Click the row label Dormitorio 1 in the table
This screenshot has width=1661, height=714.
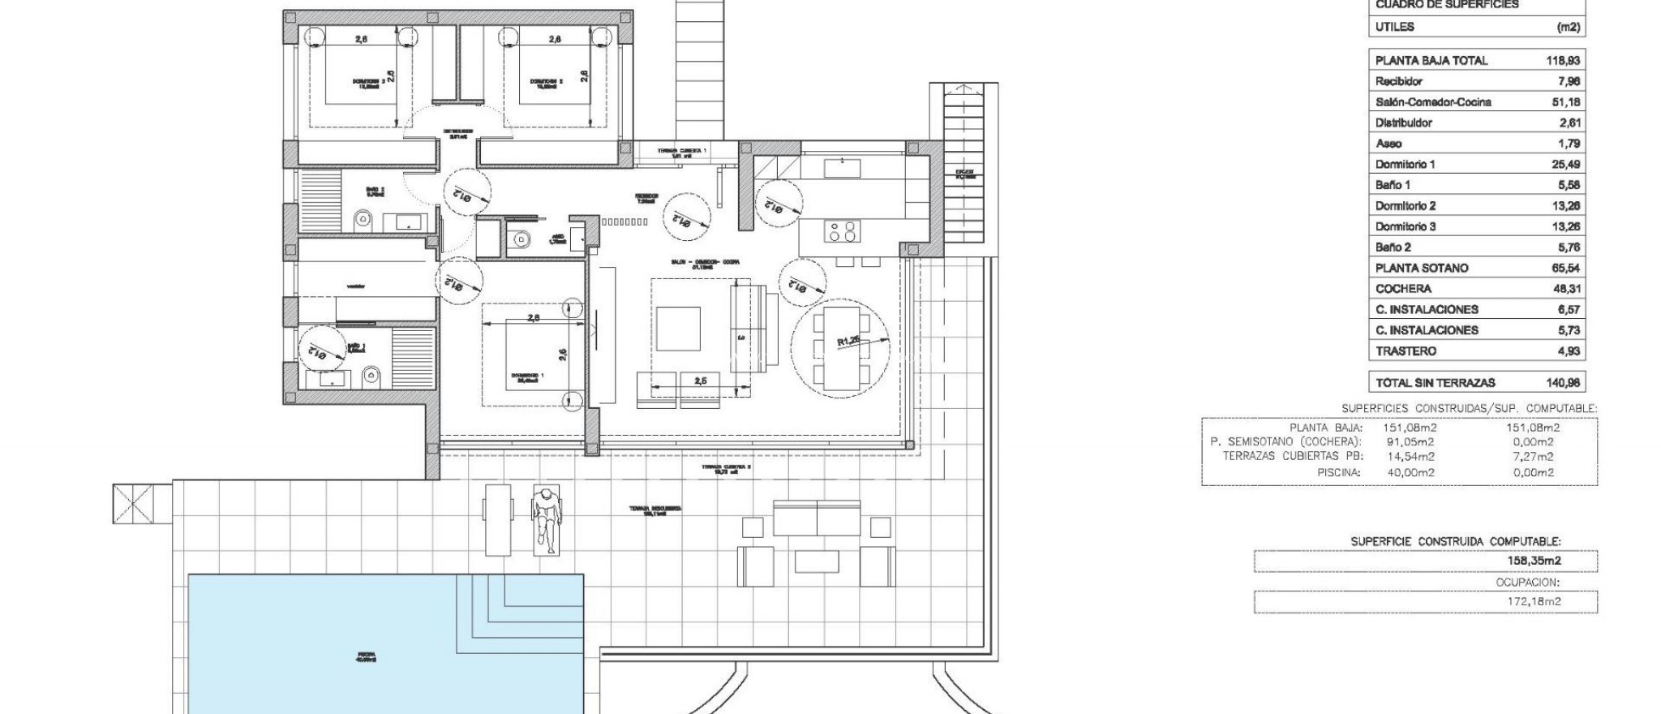[x=1405, y=164]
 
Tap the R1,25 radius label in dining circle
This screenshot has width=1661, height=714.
[x=848, y=342]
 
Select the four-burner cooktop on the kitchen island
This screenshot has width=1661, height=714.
[x=840, y=231]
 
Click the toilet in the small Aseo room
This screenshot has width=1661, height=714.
[x=521, y=239]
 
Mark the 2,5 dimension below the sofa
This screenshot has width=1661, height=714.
[x=699, y=380]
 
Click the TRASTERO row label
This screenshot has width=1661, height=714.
[x=1406, y=351]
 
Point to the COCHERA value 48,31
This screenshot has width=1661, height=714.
[x=1562, y=289]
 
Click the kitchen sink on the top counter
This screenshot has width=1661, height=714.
[x=842, y=168]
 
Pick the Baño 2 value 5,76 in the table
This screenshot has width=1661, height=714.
[x=1562, y=247]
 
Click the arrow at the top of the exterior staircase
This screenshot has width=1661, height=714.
[x=964, y=91]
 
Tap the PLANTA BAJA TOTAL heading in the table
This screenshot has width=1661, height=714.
[x=1431, y=61]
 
